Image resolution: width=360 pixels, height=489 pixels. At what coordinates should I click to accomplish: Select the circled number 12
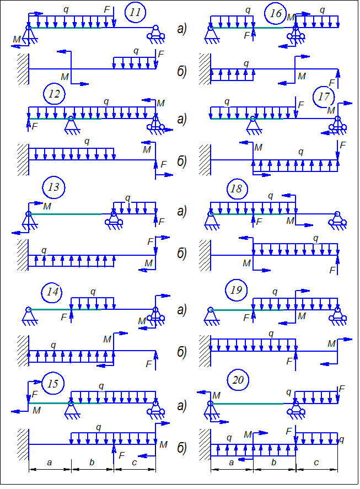[x=54, y=94]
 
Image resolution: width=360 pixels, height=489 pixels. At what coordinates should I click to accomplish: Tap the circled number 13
[x=53, y=187]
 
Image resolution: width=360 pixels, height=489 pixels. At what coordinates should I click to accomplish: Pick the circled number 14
[x=53, y=292]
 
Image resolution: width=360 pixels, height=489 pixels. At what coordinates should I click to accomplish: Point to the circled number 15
[x=53, y=383]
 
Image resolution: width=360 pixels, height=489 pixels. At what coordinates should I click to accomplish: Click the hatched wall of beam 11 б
[x=23, y=69]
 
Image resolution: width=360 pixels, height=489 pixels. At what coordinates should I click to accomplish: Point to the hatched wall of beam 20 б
[x=205, y=444]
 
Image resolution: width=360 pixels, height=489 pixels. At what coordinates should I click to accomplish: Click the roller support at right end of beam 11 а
[x=155, y=33]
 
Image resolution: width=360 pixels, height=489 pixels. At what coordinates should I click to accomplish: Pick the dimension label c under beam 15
[x=135, y=462]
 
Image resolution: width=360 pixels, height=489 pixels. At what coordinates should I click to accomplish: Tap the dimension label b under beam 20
[x=274, y=462]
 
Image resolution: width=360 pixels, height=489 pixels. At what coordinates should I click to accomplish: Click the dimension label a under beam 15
[x=49, y=462]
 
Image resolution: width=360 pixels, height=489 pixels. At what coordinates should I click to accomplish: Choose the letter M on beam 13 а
[x=47, y=206]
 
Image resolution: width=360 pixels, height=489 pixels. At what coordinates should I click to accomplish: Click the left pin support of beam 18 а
[x=211, y=219]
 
